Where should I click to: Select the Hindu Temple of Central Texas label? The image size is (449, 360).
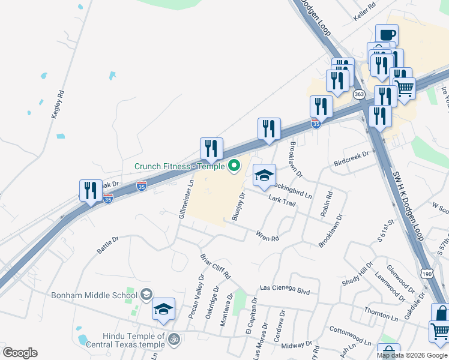(x=125, y=340)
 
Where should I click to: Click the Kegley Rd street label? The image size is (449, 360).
(x=58, y=104)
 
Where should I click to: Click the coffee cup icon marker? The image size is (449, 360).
(x=387, y=35)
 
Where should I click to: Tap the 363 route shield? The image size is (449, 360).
(x=359, y=94)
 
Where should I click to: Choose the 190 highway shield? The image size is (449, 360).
(x=426, y=272)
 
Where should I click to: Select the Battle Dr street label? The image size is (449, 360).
(x=109, y=243)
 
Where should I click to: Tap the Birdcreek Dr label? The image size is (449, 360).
(x=351, y=159)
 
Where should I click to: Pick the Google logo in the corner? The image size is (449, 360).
(x=20, y=352)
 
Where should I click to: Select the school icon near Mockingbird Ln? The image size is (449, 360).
(x=264, y=176)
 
